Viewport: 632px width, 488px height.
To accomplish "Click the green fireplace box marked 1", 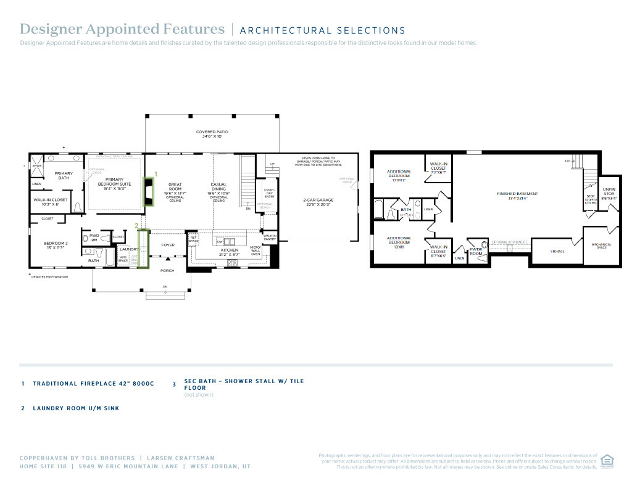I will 148,191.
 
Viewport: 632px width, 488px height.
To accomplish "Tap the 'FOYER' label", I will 168,245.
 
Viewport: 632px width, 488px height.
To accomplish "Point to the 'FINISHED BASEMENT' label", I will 517,194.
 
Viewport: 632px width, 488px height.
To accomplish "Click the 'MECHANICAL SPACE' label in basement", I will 601,246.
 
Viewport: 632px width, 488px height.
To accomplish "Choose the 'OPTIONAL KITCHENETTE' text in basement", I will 509,242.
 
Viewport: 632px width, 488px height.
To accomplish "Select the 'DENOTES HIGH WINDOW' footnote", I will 49,276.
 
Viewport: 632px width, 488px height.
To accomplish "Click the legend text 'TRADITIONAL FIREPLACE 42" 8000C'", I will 93,384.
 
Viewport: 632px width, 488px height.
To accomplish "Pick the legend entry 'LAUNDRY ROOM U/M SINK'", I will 76,408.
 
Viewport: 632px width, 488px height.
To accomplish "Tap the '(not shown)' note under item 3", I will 199,395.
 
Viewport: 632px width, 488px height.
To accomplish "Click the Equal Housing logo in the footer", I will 607,461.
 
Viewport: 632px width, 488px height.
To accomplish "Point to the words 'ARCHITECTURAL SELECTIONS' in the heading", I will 322,30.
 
